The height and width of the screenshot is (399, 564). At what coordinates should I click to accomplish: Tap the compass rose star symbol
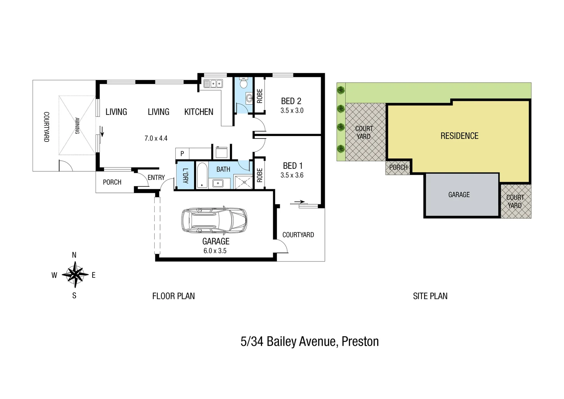click(x=75, y=274)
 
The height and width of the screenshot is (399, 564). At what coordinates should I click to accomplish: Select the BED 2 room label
click(x=291, y=101)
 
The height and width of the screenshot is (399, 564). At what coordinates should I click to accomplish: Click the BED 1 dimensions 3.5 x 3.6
click(x=292, y=175)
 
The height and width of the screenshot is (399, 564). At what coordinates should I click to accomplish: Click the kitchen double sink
click(x=213, y=84)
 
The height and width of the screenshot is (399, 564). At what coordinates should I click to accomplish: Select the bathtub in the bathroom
click(x=202, y=176)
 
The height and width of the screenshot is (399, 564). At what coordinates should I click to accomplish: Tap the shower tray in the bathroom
click(x=243, y=181)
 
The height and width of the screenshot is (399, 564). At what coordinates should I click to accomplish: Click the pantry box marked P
click(x=182, y=153)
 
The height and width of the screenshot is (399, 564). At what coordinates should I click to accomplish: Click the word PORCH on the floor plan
click(x=112, y=182)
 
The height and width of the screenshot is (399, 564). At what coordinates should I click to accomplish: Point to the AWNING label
click(x=77, y=125)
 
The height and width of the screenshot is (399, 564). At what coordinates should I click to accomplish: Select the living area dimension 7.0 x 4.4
click(x=156, y=138)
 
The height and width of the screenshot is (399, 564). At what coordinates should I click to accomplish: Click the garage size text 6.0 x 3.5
click(x=215, y=250)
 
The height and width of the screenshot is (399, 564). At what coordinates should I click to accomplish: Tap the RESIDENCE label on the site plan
click(x=459, y=136)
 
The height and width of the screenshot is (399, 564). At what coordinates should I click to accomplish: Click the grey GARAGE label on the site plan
click(x=459, y=194)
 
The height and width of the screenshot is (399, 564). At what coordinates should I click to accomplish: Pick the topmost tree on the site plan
click(x=341, y=90)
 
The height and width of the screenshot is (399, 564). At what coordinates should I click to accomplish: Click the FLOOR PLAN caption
click(x=173, y=296)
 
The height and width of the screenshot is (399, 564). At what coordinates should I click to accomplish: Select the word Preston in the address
click(x=360, y=341)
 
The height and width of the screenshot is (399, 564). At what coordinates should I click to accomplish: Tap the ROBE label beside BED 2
click(x=259, y=96)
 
